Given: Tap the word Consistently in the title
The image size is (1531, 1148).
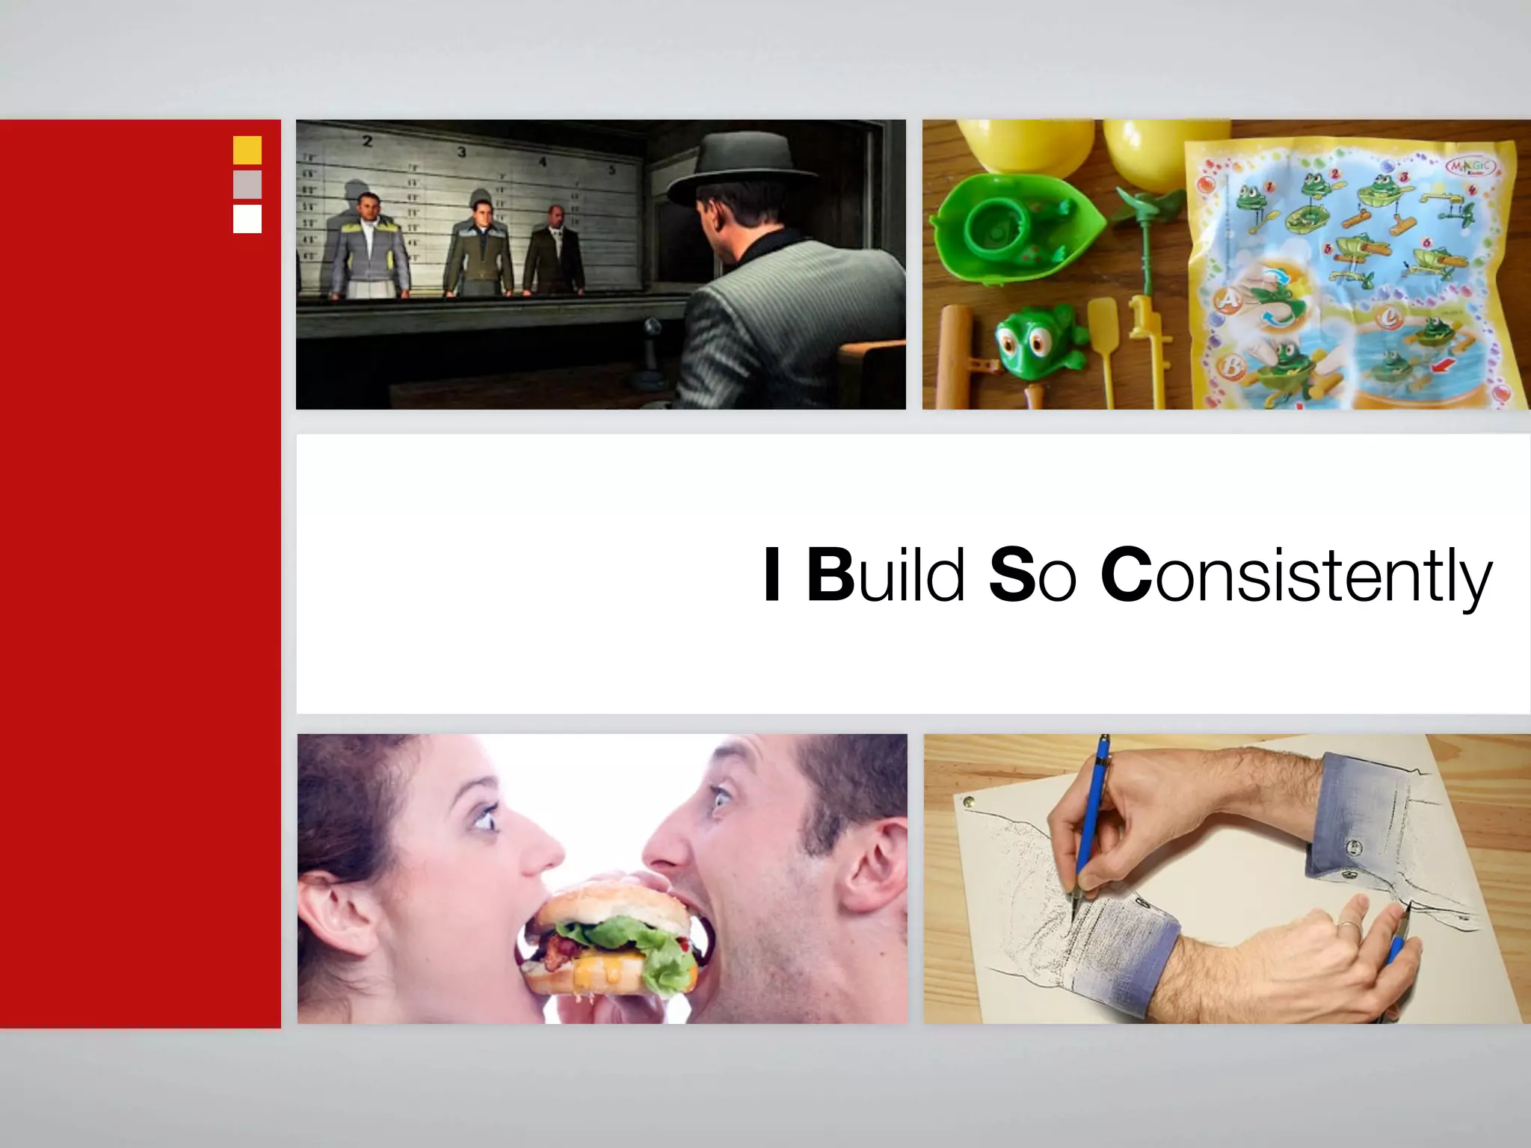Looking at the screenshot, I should pos(1296,577).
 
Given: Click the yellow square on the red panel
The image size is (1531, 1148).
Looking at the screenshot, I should pos(247,150).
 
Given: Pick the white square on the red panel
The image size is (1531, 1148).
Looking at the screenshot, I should pos(247,219).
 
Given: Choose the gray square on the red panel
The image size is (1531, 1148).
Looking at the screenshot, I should pos(247,185).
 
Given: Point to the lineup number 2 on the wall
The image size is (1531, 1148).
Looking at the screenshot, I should pos(367,141).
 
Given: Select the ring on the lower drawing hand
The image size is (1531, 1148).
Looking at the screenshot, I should pos(1348,930).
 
